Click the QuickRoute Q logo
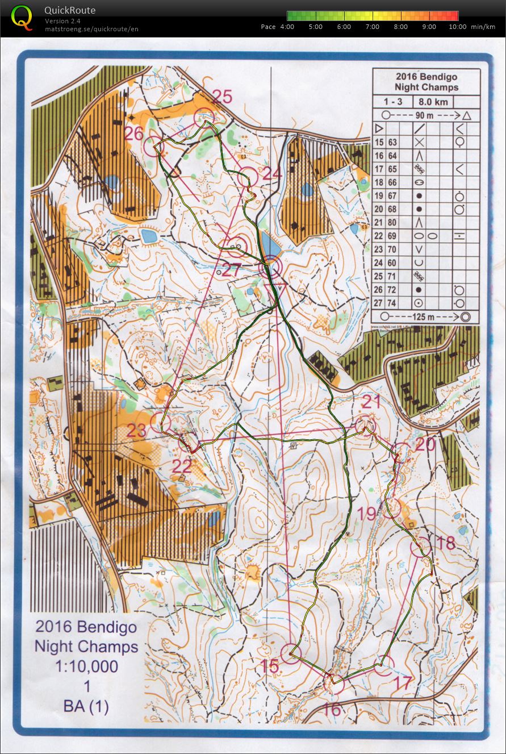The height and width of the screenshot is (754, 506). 22,16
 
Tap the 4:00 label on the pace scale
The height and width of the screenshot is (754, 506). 287,27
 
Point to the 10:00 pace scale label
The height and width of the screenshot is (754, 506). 458,27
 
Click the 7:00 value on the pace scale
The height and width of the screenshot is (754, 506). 373,27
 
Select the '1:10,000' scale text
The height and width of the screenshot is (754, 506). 86,666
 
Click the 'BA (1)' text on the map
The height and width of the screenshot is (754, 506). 86,706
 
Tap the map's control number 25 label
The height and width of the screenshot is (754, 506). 221,97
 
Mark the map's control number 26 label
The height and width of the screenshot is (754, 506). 135,134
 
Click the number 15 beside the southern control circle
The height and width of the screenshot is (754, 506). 270,666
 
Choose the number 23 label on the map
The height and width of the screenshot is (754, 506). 137,430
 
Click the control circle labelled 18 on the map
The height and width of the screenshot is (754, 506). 420,547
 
